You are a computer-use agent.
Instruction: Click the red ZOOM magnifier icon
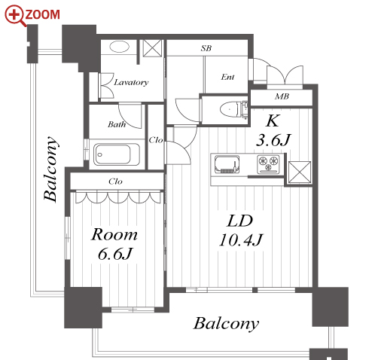point(15,16)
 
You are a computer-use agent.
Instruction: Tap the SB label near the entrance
point(206,48)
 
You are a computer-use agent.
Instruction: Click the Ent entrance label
point(227,77)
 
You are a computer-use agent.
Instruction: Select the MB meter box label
point(282,96)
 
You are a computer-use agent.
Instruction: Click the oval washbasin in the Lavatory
point(120,47)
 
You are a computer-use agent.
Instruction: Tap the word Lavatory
point(131,82)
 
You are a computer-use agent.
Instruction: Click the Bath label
point(117,124)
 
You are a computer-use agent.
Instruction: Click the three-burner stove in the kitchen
point(268,164)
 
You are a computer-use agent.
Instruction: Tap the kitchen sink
point(227,164)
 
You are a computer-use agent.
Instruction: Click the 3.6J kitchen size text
point(273,140)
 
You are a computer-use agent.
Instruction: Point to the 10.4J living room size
point(241,239)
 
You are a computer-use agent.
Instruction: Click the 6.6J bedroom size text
point(115,254)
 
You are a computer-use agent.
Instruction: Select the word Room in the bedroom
point(114,234)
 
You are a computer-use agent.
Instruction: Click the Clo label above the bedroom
point(115,182)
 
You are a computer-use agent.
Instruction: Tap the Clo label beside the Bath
point(156,140)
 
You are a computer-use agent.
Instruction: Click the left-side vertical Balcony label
point(50,169)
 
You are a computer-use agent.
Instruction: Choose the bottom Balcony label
point(226,323)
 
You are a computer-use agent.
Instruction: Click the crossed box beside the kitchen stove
point(300,172)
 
